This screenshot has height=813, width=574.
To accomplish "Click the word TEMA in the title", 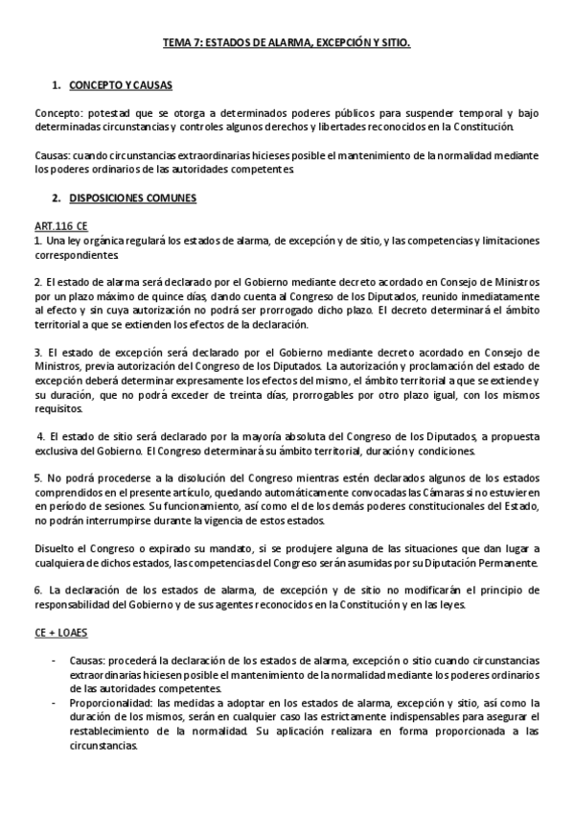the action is click(175, 43).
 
